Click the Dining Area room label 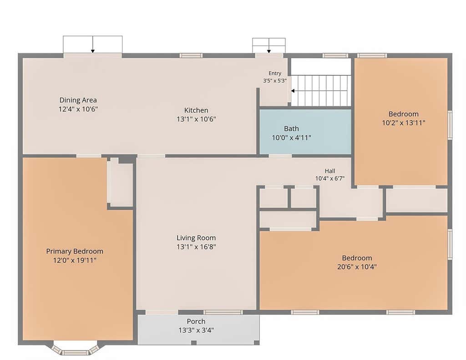(78, 100)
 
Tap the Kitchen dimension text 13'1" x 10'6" (196, 119)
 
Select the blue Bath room (305, 132)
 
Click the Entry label (275, 73)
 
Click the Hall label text (330, 171)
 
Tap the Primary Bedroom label (75, 251)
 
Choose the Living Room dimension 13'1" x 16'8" (196, 247)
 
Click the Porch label (196, 321)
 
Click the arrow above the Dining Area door (93, 45)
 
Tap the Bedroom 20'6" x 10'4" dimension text (357, 267)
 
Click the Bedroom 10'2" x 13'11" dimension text (404, 123)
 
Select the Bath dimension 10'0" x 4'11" (292, 137)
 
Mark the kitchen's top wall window (191, 55)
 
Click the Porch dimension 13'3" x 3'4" (196, 330)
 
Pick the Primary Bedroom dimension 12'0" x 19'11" (75, 260)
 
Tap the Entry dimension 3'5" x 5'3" (275, 81)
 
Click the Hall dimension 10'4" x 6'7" (330, 178)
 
